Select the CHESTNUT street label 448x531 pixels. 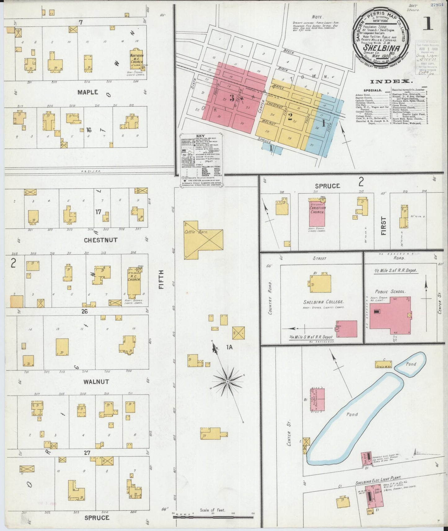click(x=96, y=240)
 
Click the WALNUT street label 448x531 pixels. click(x=96, y=382)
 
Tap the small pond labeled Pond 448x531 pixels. click(x=411, y=364)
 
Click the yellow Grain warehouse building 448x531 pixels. click(x=384, y=364)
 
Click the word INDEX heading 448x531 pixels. click(x=392, y=81)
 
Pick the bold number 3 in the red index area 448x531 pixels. click(x=232, y=98)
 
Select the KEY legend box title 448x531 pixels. click(x=199, y=136)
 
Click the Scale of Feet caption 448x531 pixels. click(x=213, y=510)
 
